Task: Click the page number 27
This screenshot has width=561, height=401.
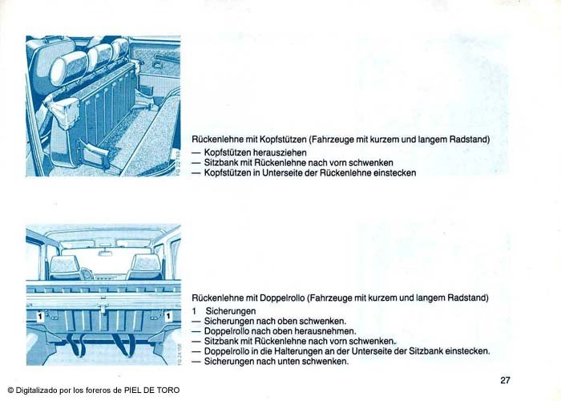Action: pyautogui.click(x=505, y=380)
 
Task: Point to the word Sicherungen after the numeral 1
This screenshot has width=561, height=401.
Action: pyautogui.click(x=231, y=311)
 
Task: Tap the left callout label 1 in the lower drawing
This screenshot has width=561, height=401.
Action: pyautogui.click(x=40, y=316)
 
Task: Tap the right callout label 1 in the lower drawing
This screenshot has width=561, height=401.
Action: pyautogui.click(x=168, y=316)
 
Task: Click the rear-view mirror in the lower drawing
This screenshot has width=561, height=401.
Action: pyautogui.click(x=105, y=253)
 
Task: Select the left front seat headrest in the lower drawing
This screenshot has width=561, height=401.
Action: pyautogui.click(x=65, y=264)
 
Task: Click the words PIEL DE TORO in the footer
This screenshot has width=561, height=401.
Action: pyautogui.click(x=151, y=390)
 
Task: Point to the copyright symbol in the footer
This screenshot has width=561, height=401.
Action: pyautogui.click(x=10, y=391)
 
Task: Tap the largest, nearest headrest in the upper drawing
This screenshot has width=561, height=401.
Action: pyautogui.click(x=68, y=67)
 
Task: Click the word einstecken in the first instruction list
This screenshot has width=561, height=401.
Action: pyautogui.click(x=394, y=173)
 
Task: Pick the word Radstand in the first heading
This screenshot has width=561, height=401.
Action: pyautogui.click(x=469, y=139)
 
